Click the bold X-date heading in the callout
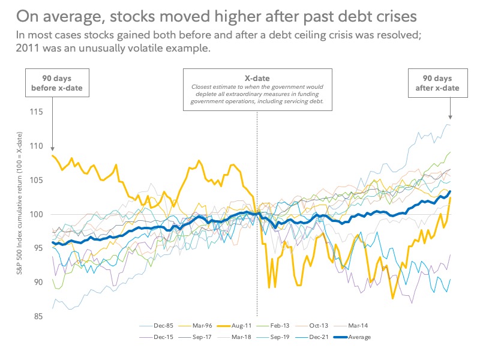point(257,79)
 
